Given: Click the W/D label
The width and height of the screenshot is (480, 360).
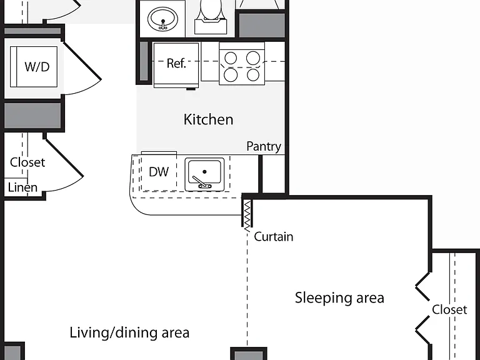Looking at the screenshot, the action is [x=37, y=66].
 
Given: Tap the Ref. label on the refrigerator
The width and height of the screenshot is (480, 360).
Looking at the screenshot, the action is [x=176, y=63].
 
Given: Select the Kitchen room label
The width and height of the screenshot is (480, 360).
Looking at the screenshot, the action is [x=209, y=119].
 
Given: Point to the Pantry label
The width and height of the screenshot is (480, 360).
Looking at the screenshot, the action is [x=264, y=147].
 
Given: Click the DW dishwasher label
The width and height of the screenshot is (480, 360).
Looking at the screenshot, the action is [x=159, y=172].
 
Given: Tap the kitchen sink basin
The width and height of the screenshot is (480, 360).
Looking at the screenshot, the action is [x=204, y=172].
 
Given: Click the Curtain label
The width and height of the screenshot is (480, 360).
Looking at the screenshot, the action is [x=274, y=237].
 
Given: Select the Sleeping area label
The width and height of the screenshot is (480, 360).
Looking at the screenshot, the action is [x=339, y=298].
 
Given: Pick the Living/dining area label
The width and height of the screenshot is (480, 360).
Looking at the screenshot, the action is [x=129, y=332].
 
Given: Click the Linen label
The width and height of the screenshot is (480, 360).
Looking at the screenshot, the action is [x=22, y=187].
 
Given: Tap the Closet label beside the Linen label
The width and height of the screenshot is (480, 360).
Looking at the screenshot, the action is [x=27, y=162].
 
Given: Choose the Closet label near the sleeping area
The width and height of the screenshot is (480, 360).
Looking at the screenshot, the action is [x=449, y=310].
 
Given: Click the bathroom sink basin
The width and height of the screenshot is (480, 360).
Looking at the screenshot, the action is [x=162, y=19].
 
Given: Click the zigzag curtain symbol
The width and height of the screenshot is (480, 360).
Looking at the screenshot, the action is [x=247, y=215].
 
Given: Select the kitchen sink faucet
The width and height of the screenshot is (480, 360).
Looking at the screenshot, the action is [x=201, y=182].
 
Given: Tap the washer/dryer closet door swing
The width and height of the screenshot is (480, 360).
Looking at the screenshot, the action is [x=82, y=69].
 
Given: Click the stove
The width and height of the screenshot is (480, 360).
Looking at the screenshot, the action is [x=242, y=64].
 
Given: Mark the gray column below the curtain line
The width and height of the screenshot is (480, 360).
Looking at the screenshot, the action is [x=249, y=354].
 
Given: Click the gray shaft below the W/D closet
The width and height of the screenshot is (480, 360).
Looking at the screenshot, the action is [x=32, y=115].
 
